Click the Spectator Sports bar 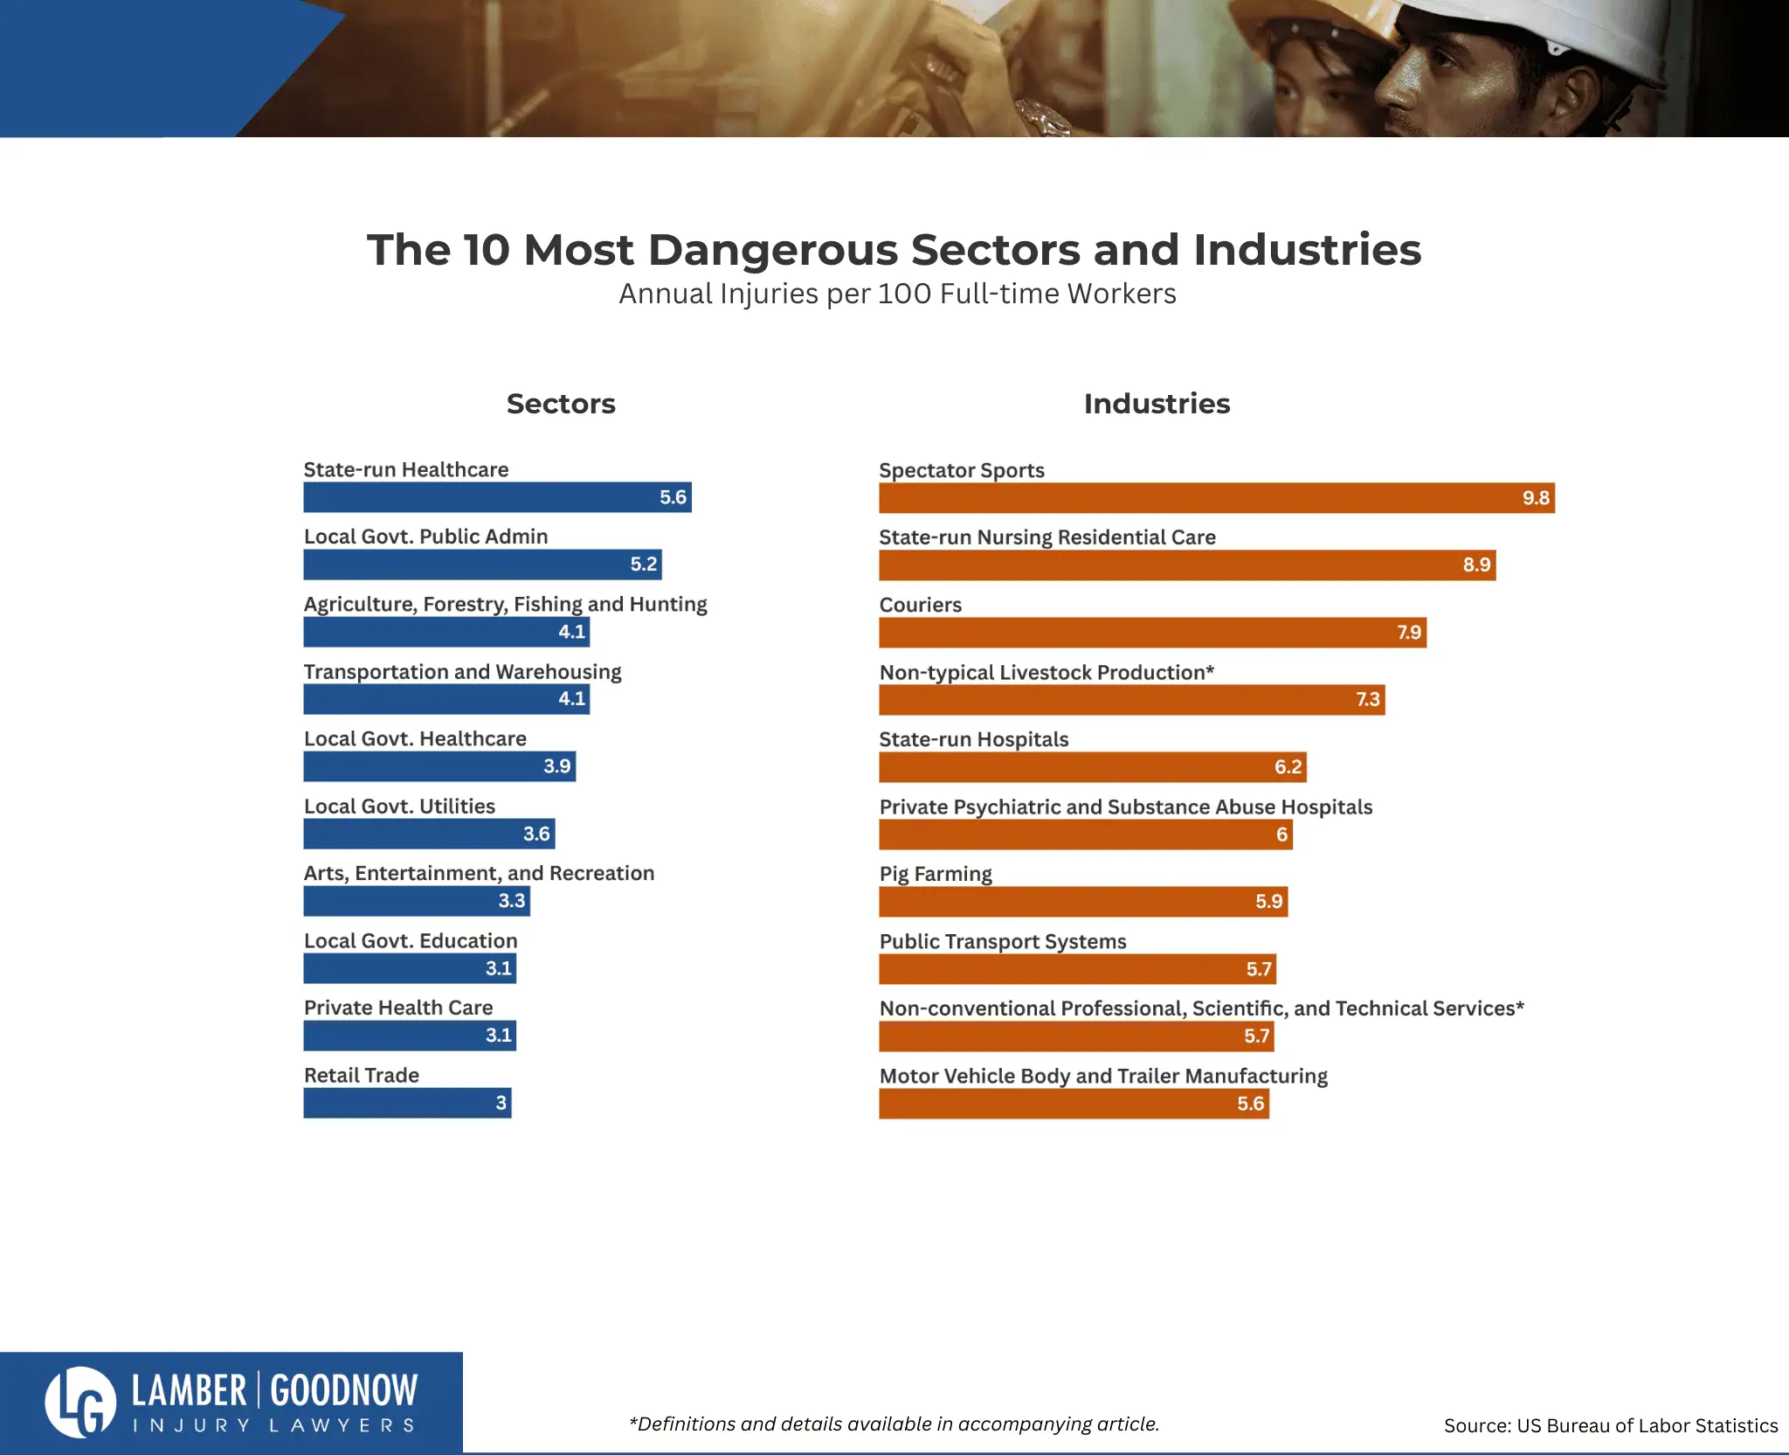pos(1216,498)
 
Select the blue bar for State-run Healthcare pos(497,497)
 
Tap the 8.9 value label pos(1476,565)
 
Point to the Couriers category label pos(920,605)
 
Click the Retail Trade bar pos(407,1103)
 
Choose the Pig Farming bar pos(1083,902)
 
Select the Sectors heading pos(561,404)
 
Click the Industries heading pos(1157,404)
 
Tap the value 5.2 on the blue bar pos(643,565)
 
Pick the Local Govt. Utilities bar pos(429,834)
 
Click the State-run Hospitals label pos(973,739)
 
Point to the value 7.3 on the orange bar pos(1367,700)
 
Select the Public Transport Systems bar pos(1077,969)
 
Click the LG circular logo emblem pos(80,1402)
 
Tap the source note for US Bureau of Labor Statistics pos(1610,1426)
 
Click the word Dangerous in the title pos(772,250)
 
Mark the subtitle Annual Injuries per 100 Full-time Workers pos(897,294)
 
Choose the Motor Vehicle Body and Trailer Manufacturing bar pos(1074,1104)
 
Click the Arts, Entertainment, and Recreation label pos(479,873)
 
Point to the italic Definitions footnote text pos(894,1424)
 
